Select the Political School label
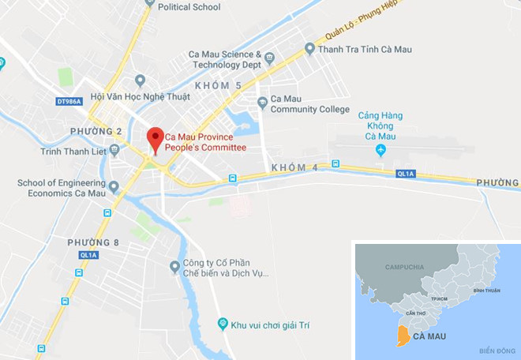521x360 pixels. tap(189, 7)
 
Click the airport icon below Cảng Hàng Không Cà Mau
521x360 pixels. tap(380, 149)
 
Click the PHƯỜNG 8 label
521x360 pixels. tap(94, 242)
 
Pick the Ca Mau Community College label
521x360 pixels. tap(309, 104)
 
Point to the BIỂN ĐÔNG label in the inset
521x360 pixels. tap(497, 350)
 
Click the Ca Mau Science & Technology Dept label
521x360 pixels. tap(225, 59)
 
